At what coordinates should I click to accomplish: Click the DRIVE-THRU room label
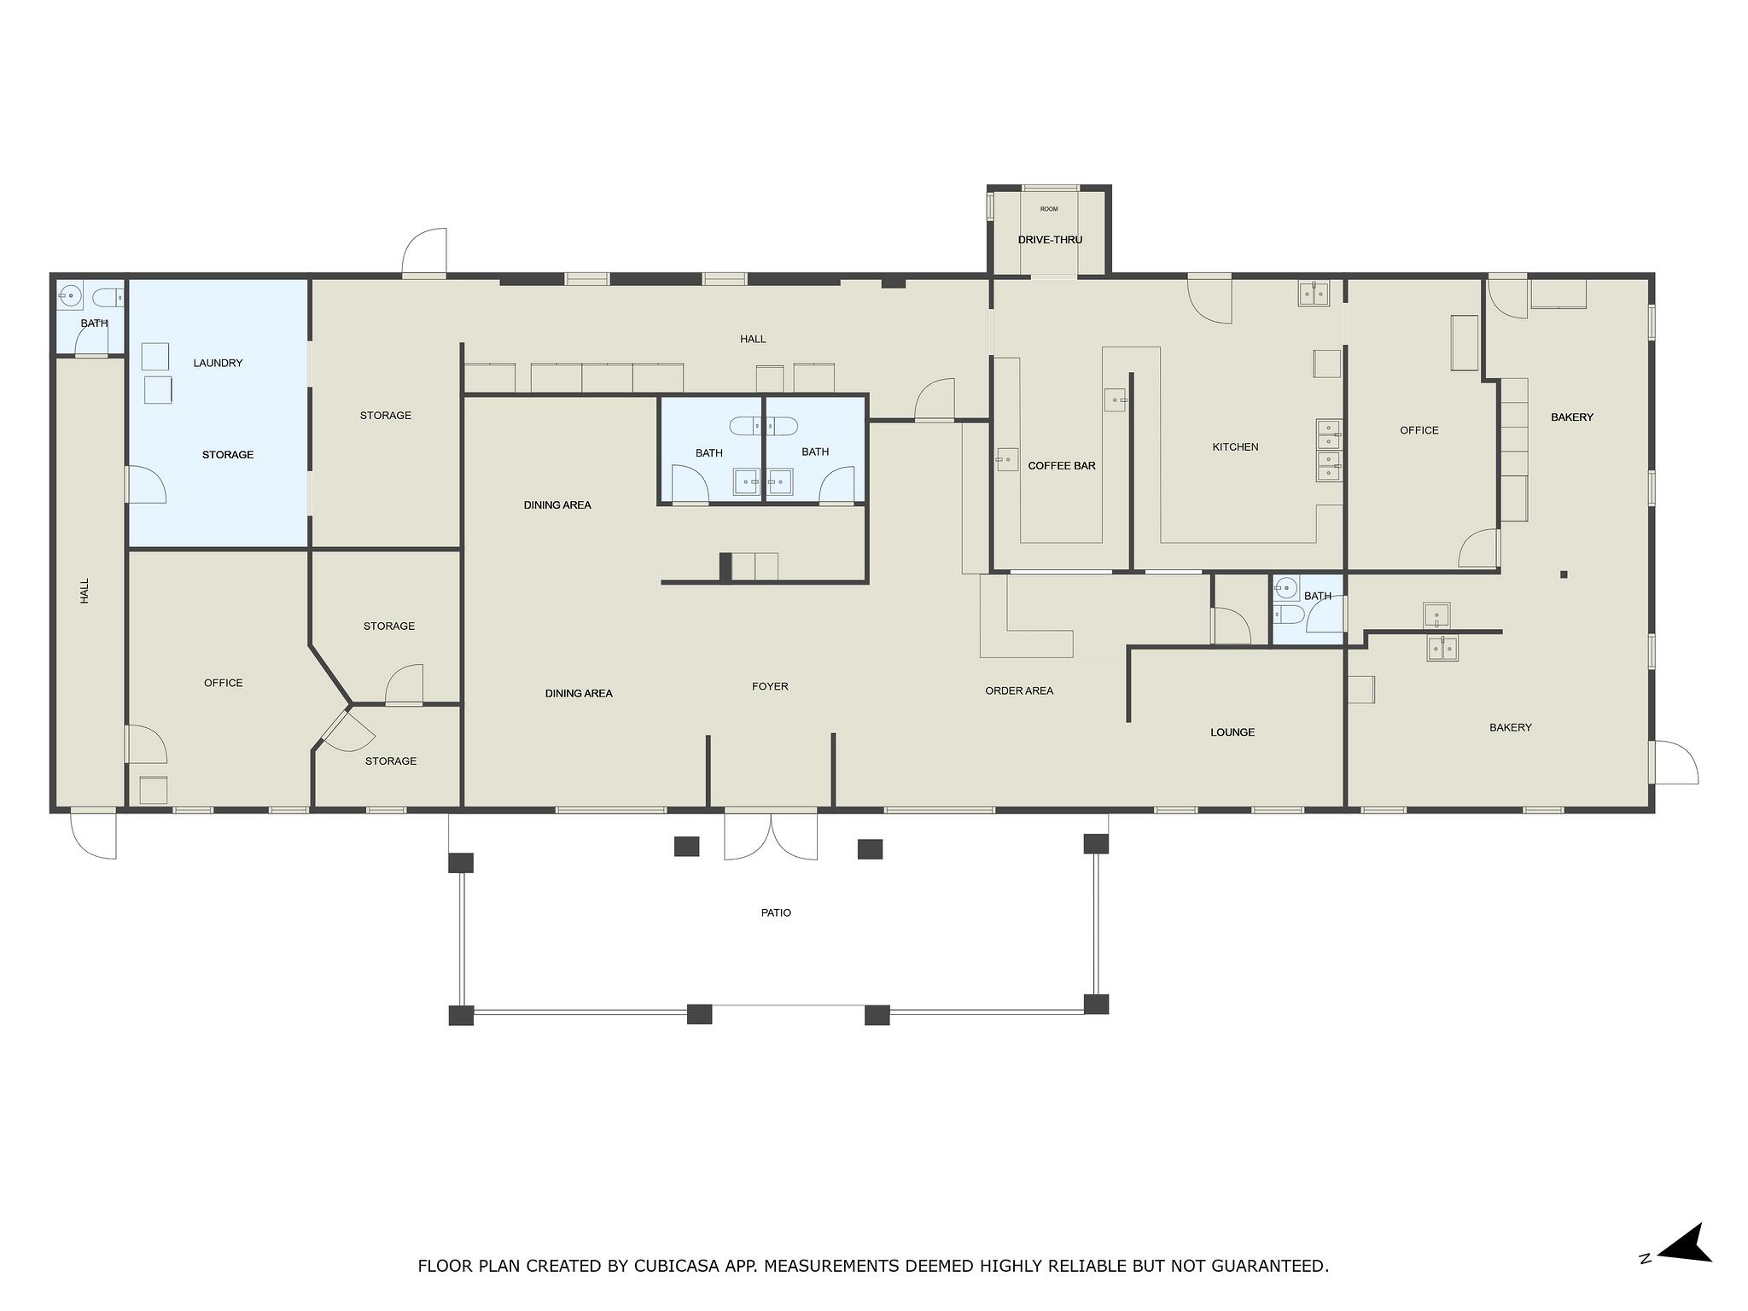click(x=1050, y=240)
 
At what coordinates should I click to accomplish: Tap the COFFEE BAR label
click(x=1062, y=466)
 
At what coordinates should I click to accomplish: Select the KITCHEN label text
click(x=1235, y=447)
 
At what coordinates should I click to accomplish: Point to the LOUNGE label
click(x=1232, y=732)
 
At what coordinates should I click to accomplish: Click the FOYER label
click(x=770, y=686)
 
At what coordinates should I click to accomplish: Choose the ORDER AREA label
click(x=1019, y=690)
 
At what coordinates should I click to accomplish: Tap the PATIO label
click(x=776, y=913)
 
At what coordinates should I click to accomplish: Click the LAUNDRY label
click(x=218, y=363)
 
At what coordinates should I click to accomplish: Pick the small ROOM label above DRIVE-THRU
click(x=1049, y=209)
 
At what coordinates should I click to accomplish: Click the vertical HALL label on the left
click(x=84, y=591)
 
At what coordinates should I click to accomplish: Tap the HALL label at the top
click(x=753, y=339)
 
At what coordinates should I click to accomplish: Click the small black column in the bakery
click(x=1564, y=574)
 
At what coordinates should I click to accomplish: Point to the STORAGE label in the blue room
click(x=228, y=455)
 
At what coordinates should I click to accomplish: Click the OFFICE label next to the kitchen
click(x=1419, y=430)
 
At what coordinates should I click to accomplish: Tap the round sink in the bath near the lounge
click(x=1286, y=587)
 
